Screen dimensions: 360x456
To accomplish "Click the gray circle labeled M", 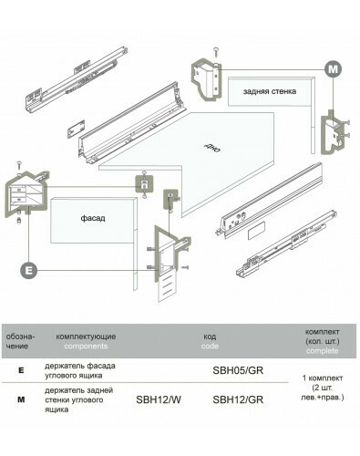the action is click(333, 69).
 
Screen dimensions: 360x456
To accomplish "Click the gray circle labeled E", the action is click(29, 270).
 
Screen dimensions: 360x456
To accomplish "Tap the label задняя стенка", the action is click(270, 91).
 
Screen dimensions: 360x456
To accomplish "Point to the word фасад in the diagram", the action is click(93, 218).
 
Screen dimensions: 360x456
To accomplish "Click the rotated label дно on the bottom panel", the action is click(212, 148).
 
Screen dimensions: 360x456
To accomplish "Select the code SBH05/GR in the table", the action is click(238, 370).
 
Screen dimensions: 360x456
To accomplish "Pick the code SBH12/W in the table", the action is click(159, 399).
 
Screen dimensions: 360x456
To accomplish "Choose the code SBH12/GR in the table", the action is click(238, 399).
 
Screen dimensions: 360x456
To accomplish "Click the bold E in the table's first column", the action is click(21, 370).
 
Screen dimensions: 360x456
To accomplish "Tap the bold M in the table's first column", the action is click(21, 399).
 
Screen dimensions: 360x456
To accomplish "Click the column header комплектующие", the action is click(86, 337).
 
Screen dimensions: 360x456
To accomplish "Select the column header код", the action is click(210, 337).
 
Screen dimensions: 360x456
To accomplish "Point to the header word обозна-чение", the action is click(20, 341).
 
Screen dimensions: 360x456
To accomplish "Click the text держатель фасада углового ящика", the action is click(80, 370).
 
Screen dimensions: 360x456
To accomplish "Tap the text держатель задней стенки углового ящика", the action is click(78, 399).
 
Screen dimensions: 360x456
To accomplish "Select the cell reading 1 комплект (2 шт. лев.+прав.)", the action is click(323, 388).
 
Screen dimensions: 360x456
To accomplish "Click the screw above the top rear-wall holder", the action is click(216, 52).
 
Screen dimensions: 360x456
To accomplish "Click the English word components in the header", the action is click(86, 347).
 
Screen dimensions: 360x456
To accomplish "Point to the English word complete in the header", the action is click(322, 350).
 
